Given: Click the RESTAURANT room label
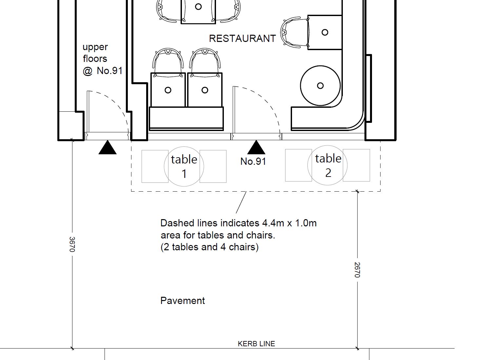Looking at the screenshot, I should point(242,39).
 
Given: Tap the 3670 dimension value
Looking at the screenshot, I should point(72,244).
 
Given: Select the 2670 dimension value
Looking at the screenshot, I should point(357,270).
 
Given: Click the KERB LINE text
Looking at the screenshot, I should point(256,344).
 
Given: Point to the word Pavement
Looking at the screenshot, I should point(183,301).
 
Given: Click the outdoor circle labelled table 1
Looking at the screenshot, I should point(184,166).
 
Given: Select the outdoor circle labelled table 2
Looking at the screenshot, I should point(327,165).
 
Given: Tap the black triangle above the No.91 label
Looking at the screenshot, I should point(256,148).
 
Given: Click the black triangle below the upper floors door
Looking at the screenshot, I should point(108,148).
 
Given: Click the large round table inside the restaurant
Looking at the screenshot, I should point(320,85).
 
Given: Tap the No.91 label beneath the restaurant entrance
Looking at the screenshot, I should point(253,161).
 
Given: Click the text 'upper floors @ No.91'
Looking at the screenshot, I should point(102,59).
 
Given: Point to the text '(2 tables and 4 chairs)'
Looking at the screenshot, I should point(209,247).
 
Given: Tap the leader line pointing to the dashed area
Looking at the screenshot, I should point(241,203).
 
